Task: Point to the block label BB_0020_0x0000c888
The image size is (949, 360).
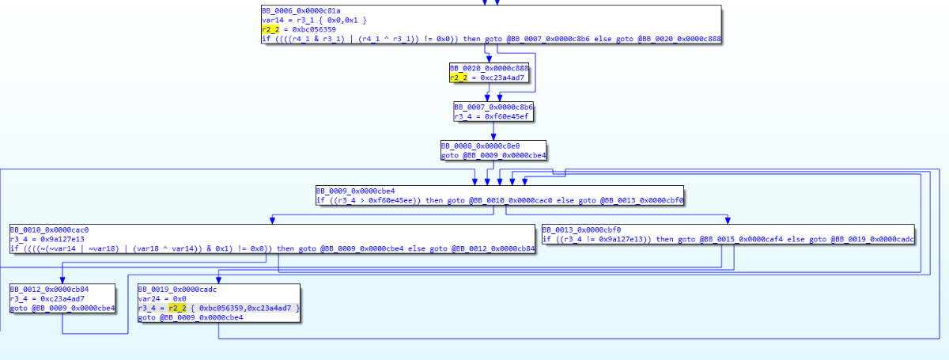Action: click(x=490, y=69)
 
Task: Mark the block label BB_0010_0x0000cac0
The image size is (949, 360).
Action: click(x=49, y=229)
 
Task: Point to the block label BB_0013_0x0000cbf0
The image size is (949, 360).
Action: click(x=581, y=229)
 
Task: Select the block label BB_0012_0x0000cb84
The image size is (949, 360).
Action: click(x=49, y=288)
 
